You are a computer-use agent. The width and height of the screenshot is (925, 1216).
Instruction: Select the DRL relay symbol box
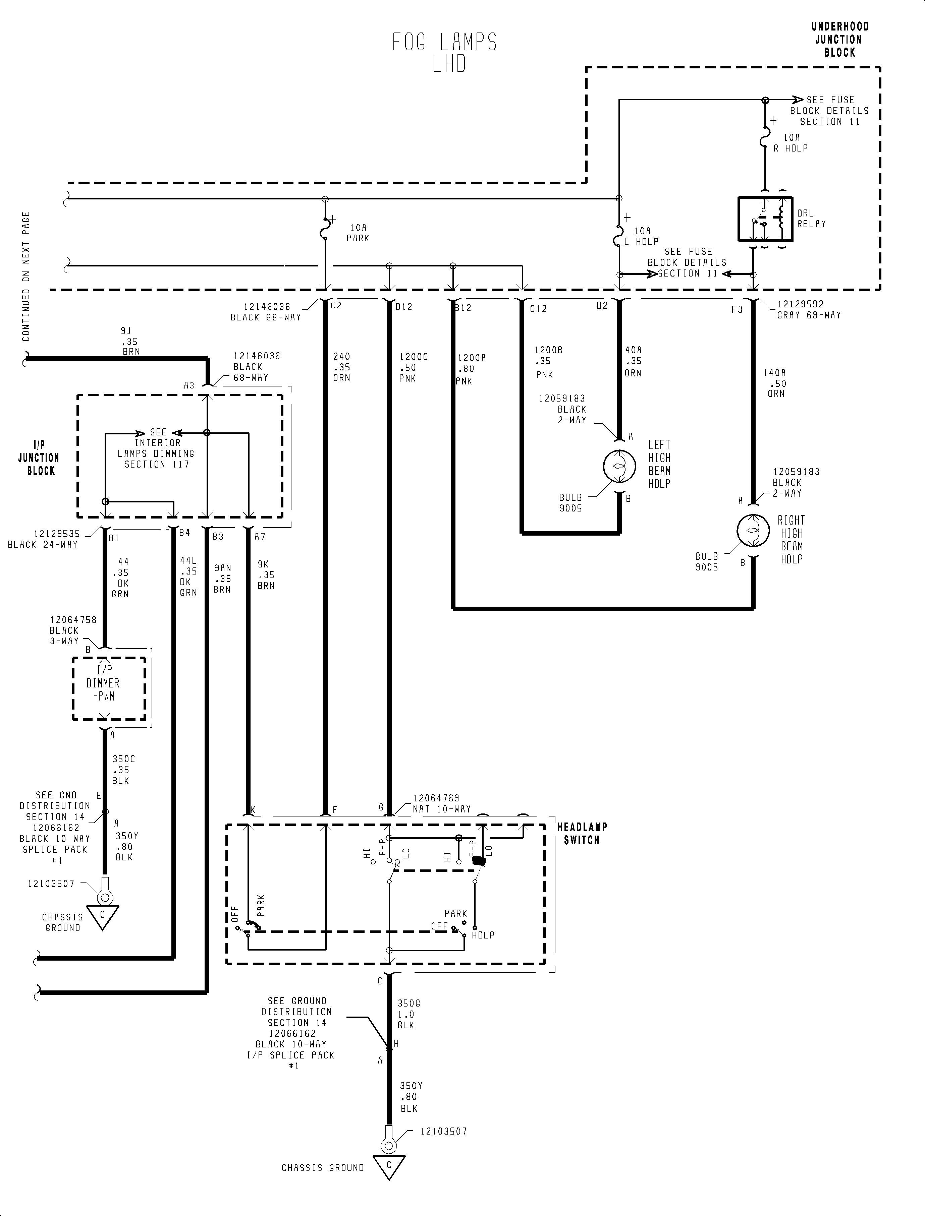point(765,219)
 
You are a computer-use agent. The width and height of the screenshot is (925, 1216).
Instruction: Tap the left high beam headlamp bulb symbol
point(619,467)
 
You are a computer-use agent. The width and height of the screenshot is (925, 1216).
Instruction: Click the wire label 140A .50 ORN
point(775,383)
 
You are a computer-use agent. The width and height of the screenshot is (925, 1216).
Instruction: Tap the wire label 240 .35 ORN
point(341,367)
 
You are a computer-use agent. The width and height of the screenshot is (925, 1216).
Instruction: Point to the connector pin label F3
point(737,310)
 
